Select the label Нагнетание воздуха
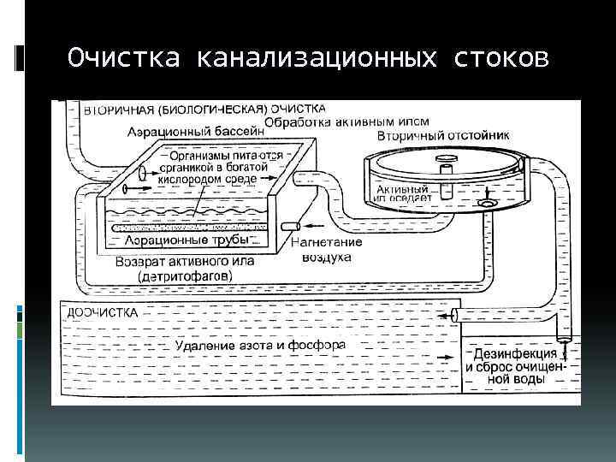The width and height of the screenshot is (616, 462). point(327,249)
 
